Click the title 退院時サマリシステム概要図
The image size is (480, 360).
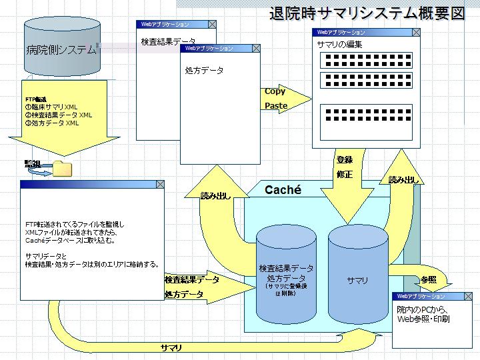click(x=367, y=13)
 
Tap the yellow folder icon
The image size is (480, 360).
click(x=62, y=168)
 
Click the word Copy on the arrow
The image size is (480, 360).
click(x=275, y=91)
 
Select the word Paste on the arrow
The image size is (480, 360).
click(x=276, y=105)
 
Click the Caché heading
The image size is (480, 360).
click(x=283, y=190)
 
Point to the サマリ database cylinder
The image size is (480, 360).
click(x=357, y=280)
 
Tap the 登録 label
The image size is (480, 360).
click(x=345, y=160)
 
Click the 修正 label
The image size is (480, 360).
click(x=345, y=175)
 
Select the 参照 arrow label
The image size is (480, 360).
click(x=428, y=279)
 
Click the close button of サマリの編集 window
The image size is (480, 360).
click(x=417, y=31)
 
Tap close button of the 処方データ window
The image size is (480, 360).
click(x=255, y=48)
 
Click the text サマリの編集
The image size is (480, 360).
click(x=339, y=44)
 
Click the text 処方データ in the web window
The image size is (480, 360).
click(x=204, y=70)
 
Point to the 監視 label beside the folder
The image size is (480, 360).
click(x=33, y=164)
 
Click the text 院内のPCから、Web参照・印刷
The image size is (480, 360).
click(x=423, y=314)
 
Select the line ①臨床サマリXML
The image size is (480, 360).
click(x=51, y=107)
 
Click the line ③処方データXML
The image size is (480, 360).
click(x=52, y=123)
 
